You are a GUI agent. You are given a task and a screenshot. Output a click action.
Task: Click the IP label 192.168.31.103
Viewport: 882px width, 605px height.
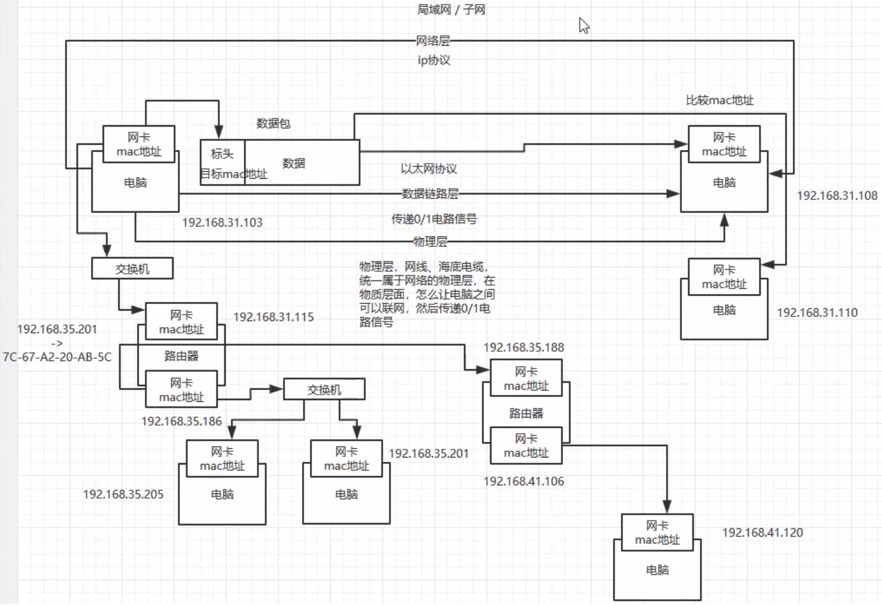point(222,222)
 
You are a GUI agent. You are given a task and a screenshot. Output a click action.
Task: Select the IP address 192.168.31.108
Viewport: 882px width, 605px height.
point(837,196)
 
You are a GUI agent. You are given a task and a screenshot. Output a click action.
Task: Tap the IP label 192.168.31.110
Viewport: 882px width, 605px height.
point(817,312)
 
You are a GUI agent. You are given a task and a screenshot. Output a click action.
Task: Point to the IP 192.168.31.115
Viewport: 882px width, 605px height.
point(273,317)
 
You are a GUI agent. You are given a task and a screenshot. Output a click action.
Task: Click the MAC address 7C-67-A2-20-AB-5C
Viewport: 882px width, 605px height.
point(57,357)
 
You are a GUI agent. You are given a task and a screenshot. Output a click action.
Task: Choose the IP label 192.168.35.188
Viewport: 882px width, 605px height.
point(523,347)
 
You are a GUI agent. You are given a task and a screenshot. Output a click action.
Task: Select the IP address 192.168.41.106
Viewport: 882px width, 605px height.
point(523,481)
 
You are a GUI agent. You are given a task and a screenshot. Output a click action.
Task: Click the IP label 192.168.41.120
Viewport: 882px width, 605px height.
point(762,532)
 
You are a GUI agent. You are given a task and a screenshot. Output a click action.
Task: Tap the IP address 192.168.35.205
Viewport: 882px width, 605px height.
point(123,494)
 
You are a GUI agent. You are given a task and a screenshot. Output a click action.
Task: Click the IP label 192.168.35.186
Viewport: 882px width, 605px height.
point(181,421)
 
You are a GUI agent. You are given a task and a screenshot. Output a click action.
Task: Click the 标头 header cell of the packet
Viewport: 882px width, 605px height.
point(222,154)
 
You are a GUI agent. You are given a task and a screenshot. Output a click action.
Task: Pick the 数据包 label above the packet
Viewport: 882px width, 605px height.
point(273,123)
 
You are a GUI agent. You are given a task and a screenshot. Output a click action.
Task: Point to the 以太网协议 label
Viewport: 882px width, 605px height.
point(429,168)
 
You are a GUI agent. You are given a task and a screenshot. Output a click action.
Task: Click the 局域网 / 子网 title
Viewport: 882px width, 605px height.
point(451,10)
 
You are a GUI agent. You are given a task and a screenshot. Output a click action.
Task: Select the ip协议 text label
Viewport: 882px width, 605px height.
point(434,60)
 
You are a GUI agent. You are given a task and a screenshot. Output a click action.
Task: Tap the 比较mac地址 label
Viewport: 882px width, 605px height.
point(720,100)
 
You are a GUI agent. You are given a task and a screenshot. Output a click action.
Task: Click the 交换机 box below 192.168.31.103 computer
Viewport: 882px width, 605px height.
point(132,269)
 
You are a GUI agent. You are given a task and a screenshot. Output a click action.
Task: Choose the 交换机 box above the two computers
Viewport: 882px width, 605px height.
point(324,390)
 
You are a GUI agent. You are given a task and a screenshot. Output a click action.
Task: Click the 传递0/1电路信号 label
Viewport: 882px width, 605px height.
point(434,219)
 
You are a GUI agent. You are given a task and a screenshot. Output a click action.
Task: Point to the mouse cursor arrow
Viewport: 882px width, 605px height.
point(584,26)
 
